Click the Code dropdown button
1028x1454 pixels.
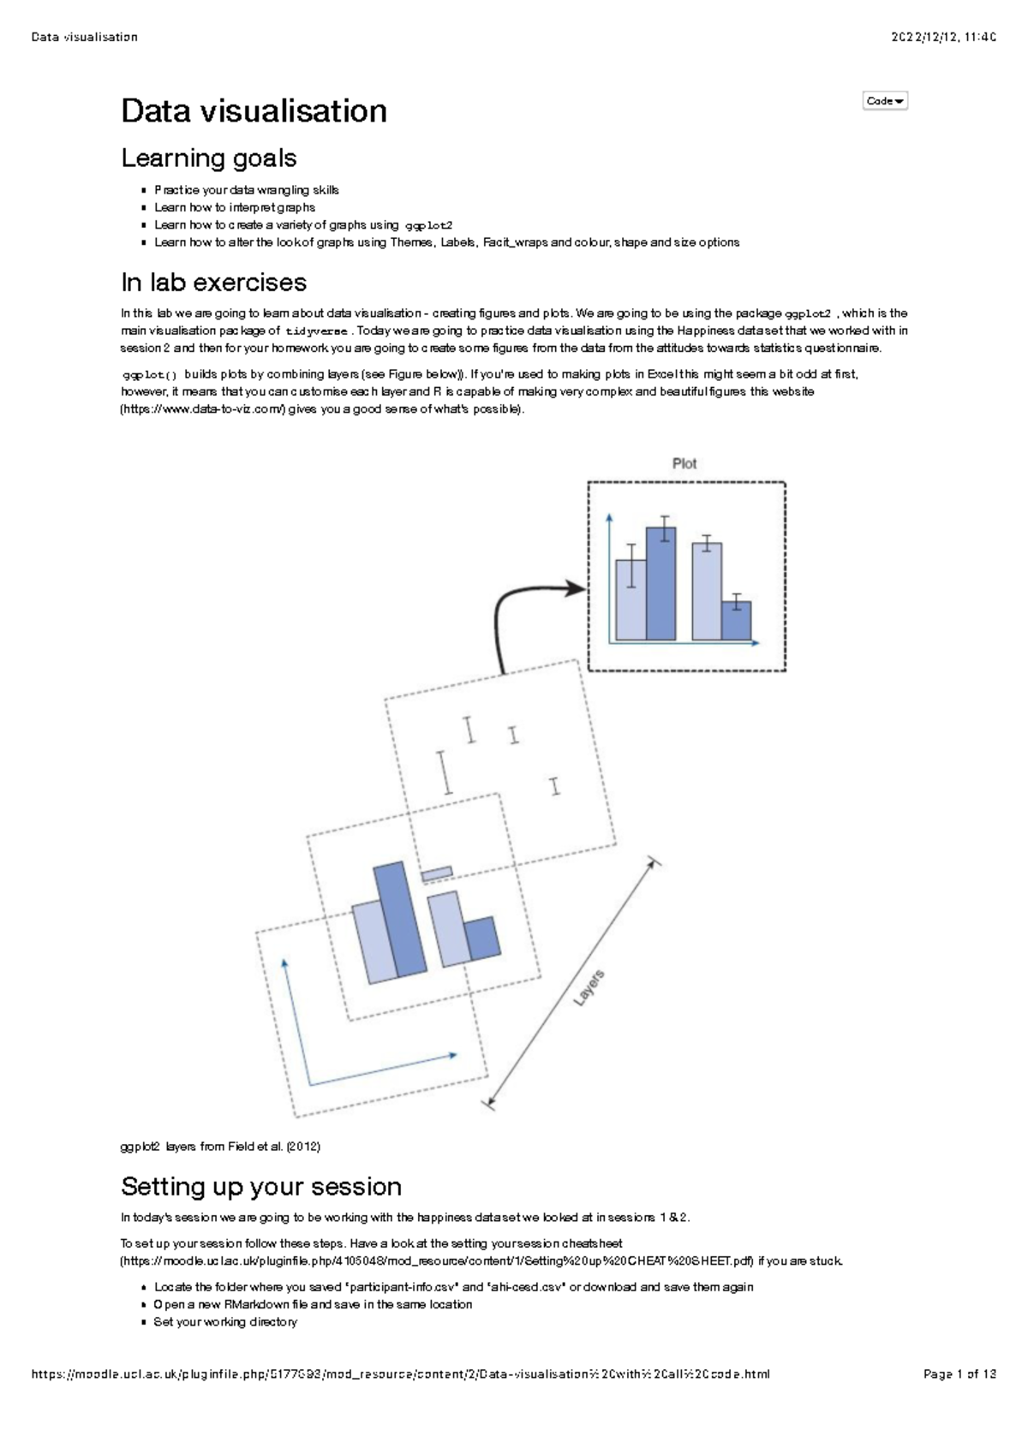click(x=884, y=101)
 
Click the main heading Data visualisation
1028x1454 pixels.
click(x=254, y=111)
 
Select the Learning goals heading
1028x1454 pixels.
click(x=208, y=158)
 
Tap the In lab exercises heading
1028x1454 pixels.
click(x=213, y=283)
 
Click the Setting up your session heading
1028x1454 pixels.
click(x=260, y=1187)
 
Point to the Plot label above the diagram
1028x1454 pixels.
click(x=684, y=463)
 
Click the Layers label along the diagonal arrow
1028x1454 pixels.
click(x=589, y=987)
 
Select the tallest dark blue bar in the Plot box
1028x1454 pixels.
click(x=660, y=584)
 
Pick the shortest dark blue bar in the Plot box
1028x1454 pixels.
click(x=736, y=621)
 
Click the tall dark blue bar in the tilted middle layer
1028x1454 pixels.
click(x=401, y=921)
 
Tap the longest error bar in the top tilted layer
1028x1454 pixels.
click(x=445, y=772)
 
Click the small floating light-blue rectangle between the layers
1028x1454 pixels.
click(x=437, y=873)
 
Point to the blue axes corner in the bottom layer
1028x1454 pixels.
click(x=310, y=1085)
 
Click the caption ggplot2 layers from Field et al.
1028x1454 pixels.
click(x=220, y=1147)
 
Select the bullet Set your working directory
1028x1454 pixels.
click(x=225, y=1322)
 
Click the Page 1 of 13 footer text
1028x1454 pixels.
click(x=959, y=1374)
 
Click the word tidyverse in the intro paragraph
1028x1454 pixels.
click(x=316, y=331)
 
